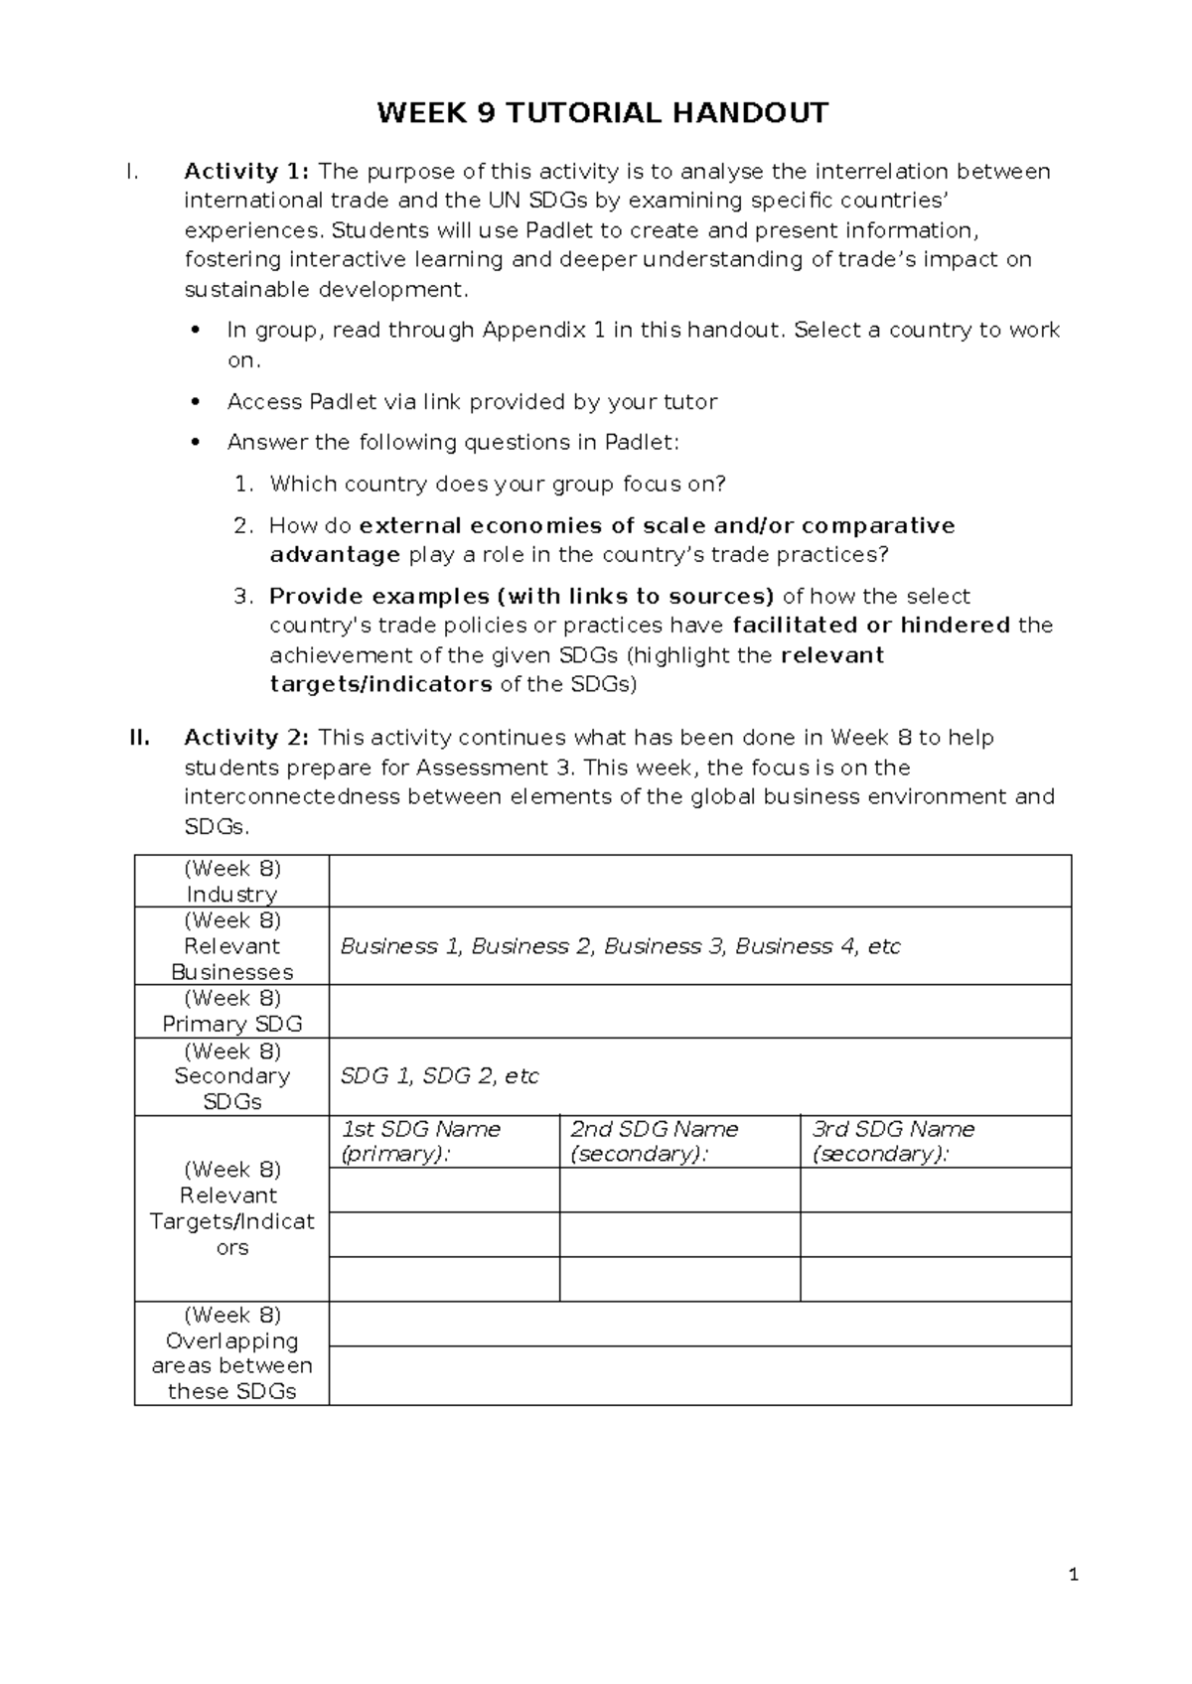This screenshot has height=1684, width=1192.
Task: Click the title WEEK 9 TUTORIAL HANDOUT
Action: (601, 113)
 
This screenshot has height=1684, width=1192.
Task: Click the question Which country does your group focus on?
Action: (498, 485)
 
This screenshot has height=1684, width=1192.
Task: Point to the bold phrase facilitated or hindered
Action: (871, 626)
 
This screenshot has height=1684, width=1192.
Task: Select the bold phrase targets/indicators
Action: (380, 684)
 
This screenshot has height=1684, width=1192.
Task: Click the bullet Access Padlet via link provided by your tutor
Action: (472, 402)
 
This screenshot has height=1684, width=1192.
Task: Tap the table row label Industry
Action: (231, 894)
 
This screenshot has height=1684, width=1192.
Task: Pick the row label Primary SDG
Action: (231, 1024)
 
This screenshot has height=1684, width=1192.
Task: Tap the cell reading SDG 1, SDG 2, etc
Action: (439, 1076)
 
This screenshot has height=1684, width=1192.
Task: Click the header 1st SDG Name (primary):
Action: (420, 1141)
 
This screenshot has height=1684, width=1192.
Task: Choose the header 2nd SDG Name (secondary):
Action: (654, 1141)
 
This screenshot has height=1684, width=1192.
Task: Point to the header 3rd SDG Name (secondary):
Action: (893, 1141)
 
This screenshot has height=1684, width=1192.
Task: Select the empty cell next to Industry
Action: (699, 881)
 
